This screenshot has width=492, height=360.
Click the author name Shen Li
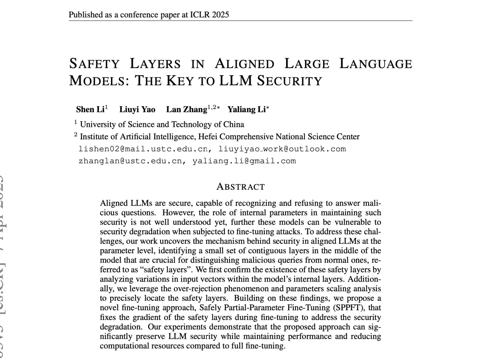click(x=90, y=109)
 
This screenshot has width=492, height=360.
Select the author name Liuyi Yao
click(x=137, y=109)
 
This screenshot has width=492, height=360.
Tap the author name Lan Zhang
click(x=186, y=109)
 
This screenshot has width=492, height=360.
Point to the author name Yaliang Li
click(x=246, y=109)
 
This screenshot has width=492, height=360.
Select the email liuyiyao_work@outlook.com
click(x=282, y=149)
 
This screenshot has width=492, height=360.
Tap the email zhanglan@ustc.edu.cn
click(x=130, y=161)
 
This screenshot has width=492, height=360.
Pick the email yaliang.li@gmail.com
click(x=244, y=161)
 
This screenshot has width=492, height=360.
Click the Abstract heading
click(x=240, y=187)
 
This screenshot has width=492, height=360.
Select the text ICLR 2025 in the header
click(x=209, y=15)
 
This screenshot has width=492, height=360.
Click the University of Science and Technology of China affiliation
click(x=162, y=124)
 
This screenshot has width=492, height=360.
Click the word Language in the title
click(x=376, y=64)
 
